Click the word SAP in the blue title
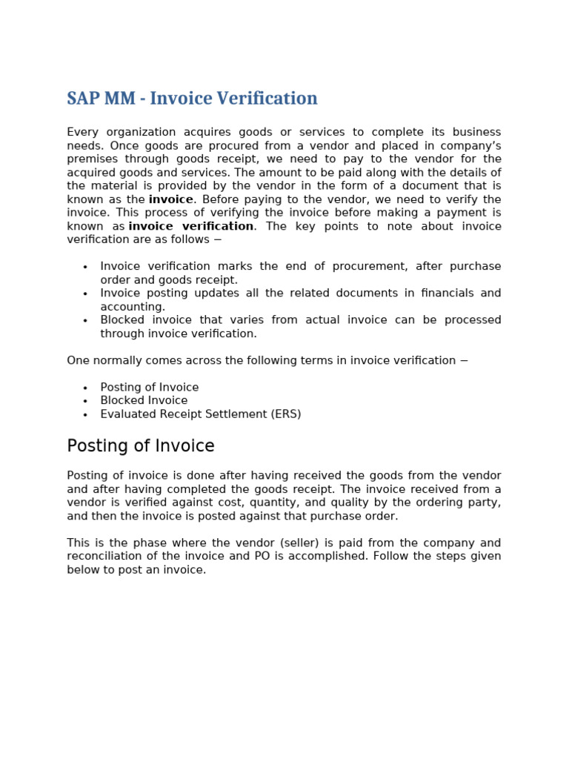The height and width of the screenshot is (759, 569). [x=82, y=99]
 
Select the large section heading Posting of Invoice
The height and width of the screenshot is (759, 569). [x=141, y=446]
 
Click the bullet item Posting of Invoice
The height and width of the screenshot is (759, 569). [x=150, y=388]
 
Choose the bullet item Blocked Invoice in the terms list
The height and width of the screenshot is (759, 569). [x=144, y=401]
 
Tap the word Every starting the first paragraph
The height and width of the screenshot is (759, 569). [x=81, y=133]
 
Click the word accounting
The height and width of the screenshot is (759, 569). [x=132, y=307]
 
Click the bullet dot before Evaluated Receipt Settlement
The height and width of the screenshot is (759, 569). [x=85, y=415]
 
